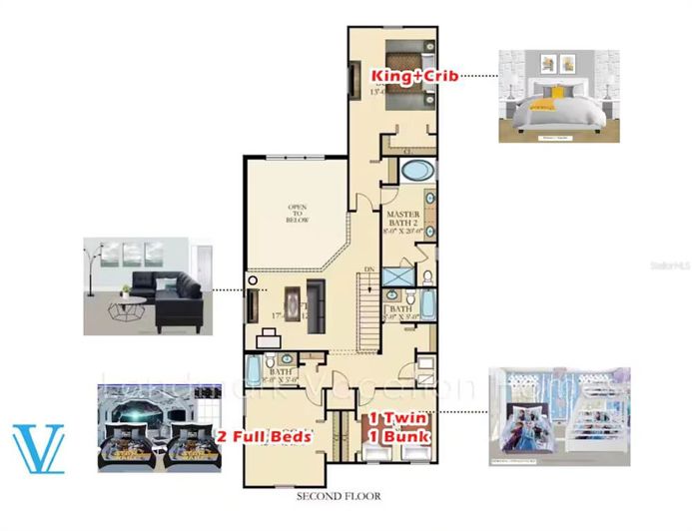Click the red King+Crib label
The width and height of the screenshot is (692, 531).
414,76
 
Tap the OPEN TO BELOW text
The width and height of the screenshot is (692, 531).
297,213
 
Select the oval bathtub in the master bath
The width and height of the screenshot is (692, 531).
412,170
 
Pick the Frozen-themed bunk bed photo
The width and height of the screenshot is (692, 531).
558,416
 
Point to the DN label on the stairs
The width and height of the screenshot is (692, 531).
370,269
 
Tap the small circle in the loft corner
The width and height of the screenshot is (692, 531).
254,280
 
